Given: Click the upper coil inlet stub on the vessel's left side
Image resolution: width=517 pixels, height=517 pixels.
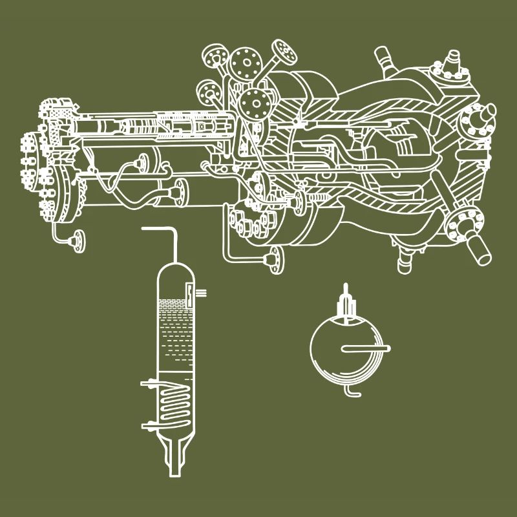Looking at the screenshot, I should (148, 384).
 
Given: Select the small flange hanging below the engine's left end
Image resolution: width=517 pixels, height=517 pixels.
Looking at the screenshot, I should (78, 241).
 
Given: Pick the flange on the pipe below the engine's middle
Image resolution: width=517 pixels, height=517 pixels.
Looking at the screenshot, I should (274, 258).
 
